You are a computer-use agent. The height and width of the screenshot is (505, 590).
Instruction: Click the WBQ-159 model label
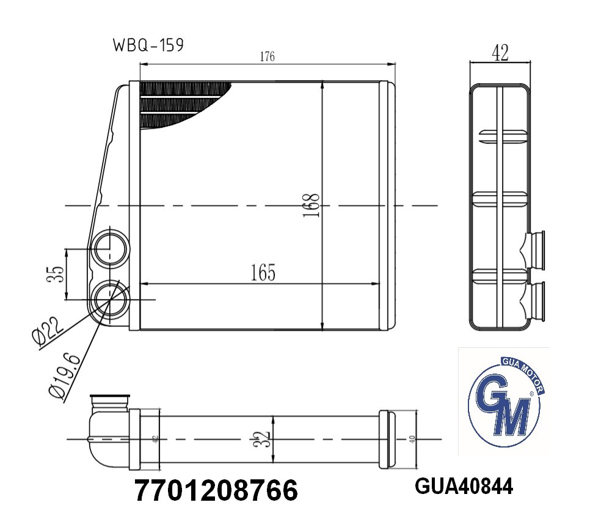[x=148, y=46]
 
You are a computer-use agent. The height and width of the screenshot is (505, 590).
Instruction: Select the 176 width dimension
[x=267, y=57]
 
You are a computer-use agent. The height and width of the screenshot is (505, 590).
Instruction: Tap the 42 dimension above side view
[x=500, y=54]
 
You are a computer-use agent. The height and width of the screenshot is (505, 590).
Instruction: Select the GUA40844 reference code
[x=464, y=487]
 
